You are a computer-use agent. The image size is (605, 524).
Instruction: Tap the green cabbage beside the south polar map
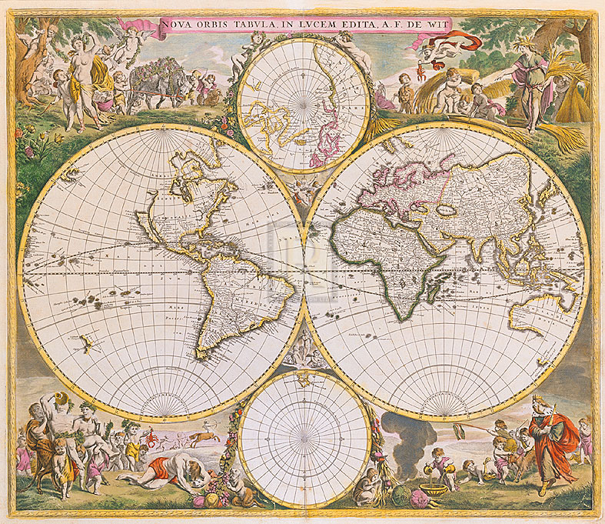(401, 496)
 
